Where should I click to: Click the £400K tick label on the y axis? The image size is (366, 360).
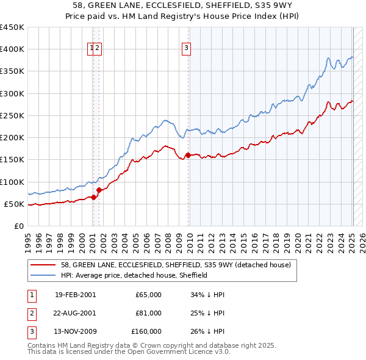point(12,49)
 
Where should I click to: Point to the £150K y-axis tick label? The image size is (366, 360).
point(12,159)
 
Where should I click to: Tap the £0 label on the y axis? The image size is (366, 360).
point(20,226)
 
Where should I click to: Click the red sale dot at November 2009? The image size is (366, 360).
point(188,155)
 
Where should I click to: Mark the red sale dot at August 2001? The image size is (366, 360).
point(99,190)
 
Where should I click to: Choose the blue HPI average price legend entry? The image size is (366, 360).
point(134,275)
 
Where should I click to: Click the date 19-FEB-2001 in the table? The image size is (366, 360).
point(75,295)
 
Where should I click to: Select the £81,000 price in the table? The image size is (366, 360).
point(148,313)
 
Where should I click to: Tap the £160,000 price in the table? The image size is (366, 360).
point(146,331)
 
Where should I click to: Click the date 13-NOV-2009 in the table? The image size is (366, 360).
point(75,331)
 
